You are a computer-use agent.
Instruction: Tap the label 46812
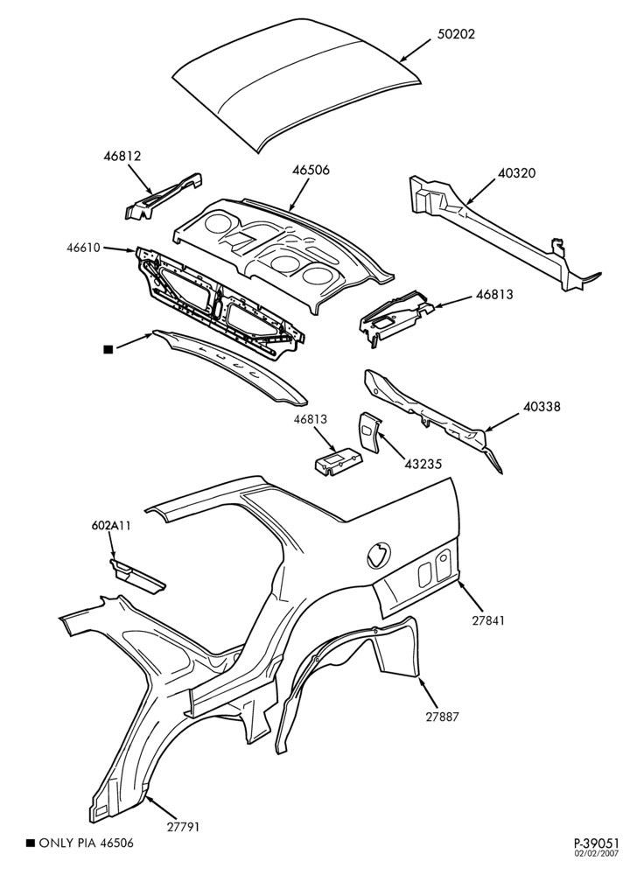[122, 156]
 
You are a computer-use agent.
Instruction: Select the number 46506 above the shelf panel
[311, 170]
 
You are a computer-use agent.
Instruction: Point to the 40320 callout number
[516, 173]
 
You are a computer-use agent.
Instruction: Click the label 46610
[84, 248]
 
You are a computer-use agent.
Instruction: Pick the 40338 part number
[542, 407]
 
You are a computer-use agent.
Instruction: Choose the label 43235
[423, 465]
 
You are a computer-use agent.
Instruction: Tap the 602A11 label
[111, 525]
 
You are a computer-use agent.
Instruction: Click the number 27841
[486, 620]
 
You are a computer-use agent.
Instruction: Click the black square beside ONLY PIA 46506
[31, 843]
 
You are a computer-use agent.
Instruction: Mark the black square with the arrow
[108, 349]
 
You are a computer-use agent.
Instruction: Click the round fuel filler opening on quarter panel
[378, 555]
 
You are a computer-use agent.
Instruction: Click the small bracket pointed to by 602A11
[137, 576]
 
